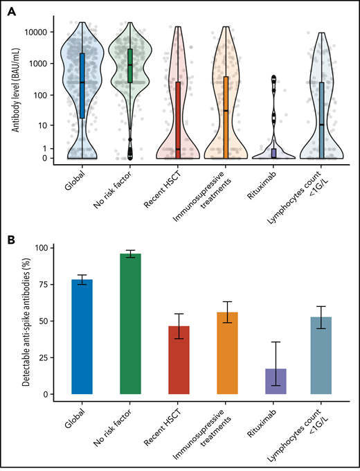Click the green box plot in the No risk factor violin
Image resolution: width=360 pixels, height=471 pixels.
coord(130,66)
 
